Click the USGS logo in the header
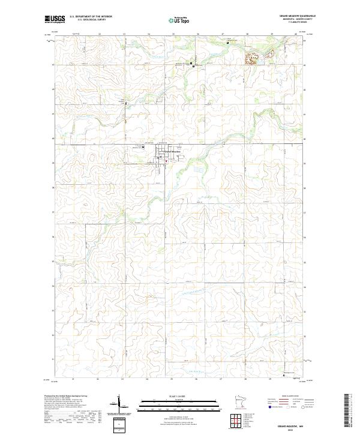[53, 20]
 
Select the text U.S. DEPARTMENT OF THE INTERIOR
[91, 17]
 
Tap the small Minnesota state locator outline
[240, 402]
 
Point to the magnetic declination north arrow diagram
[119, 405]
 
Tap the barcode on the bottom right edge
[347, 410]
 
